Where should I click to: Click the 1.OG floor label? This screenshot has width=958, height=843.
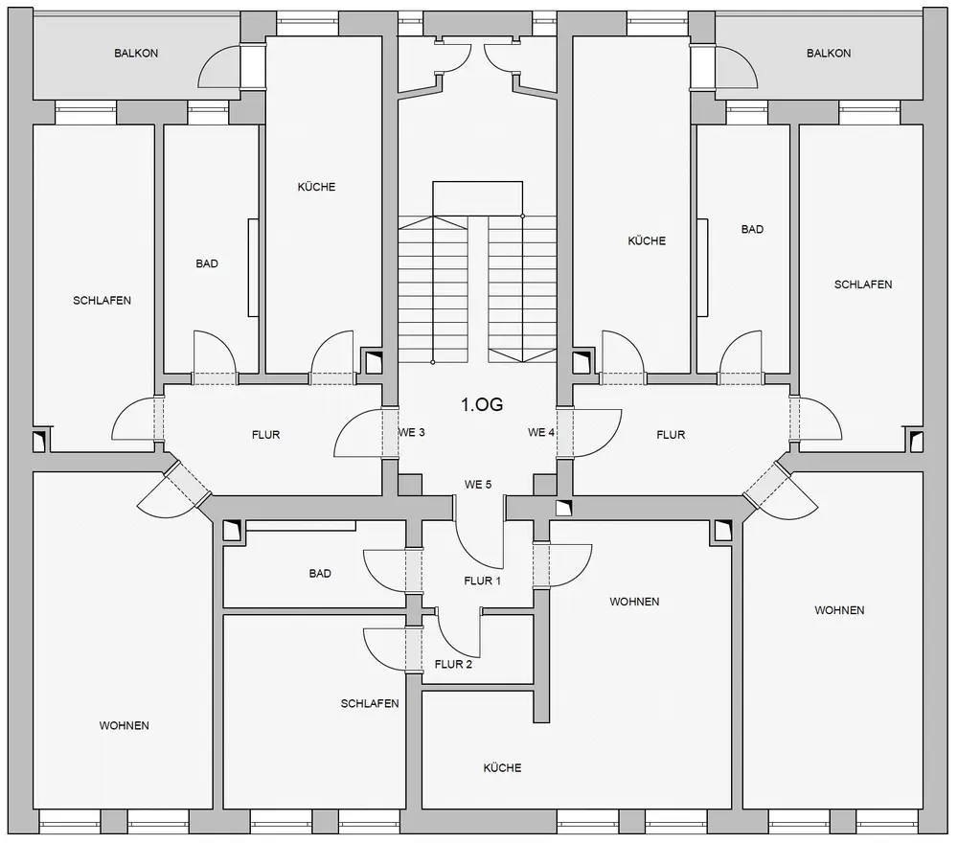tap(482, 404)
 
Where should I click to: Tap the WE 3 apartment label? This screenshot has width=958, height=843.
tap(411, 432)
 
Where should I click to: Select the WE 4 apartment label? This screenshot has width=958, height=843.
tap(541, 432)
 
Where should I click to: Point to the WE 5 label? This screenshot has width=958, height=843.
tap(478, 485)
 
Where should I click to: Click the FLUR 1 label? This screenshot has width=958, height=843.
tap(482, 581)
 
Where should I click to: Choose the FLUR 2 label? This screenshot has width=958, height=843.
tap(453, 664)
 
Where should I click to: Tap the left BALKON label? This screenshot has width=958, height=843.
tap(136, 53)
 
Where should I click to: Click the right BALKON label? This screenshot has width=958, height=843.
tap(829, 53)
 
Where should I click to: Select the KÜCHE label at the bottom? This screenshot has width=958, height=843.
tap(502, 768)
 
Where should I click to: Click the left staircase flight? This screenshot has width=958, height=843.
tap(433, 289)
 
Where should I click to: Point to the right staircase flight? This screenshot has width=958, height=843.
tap(522, 289)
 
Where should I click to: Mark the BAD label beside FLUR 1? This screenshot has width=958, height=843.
tap(320, 574)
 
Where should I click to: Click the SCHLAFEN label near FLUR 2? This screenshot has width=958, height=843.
tap(370, 704)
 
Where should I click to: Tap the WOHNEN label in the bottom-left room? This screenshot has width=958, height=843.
tap(124, 726)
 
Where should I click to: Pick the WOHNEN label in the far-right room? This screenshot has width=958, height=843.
tap(839, 610)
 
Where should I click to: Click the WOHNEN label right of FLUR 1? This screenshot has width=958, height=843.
tap(634, 602)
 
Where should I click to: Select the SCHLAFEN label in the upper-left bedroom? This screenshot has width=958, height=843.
tap(103, 301)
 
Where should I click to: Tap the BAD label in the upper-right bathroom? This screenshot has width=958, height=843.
tap(752, 230)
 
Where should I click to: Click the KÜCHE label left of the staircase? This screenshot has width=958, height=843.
tap(316, 187)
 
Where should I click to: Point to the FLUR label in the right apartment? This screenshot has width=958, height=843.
tap(671, 435)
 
